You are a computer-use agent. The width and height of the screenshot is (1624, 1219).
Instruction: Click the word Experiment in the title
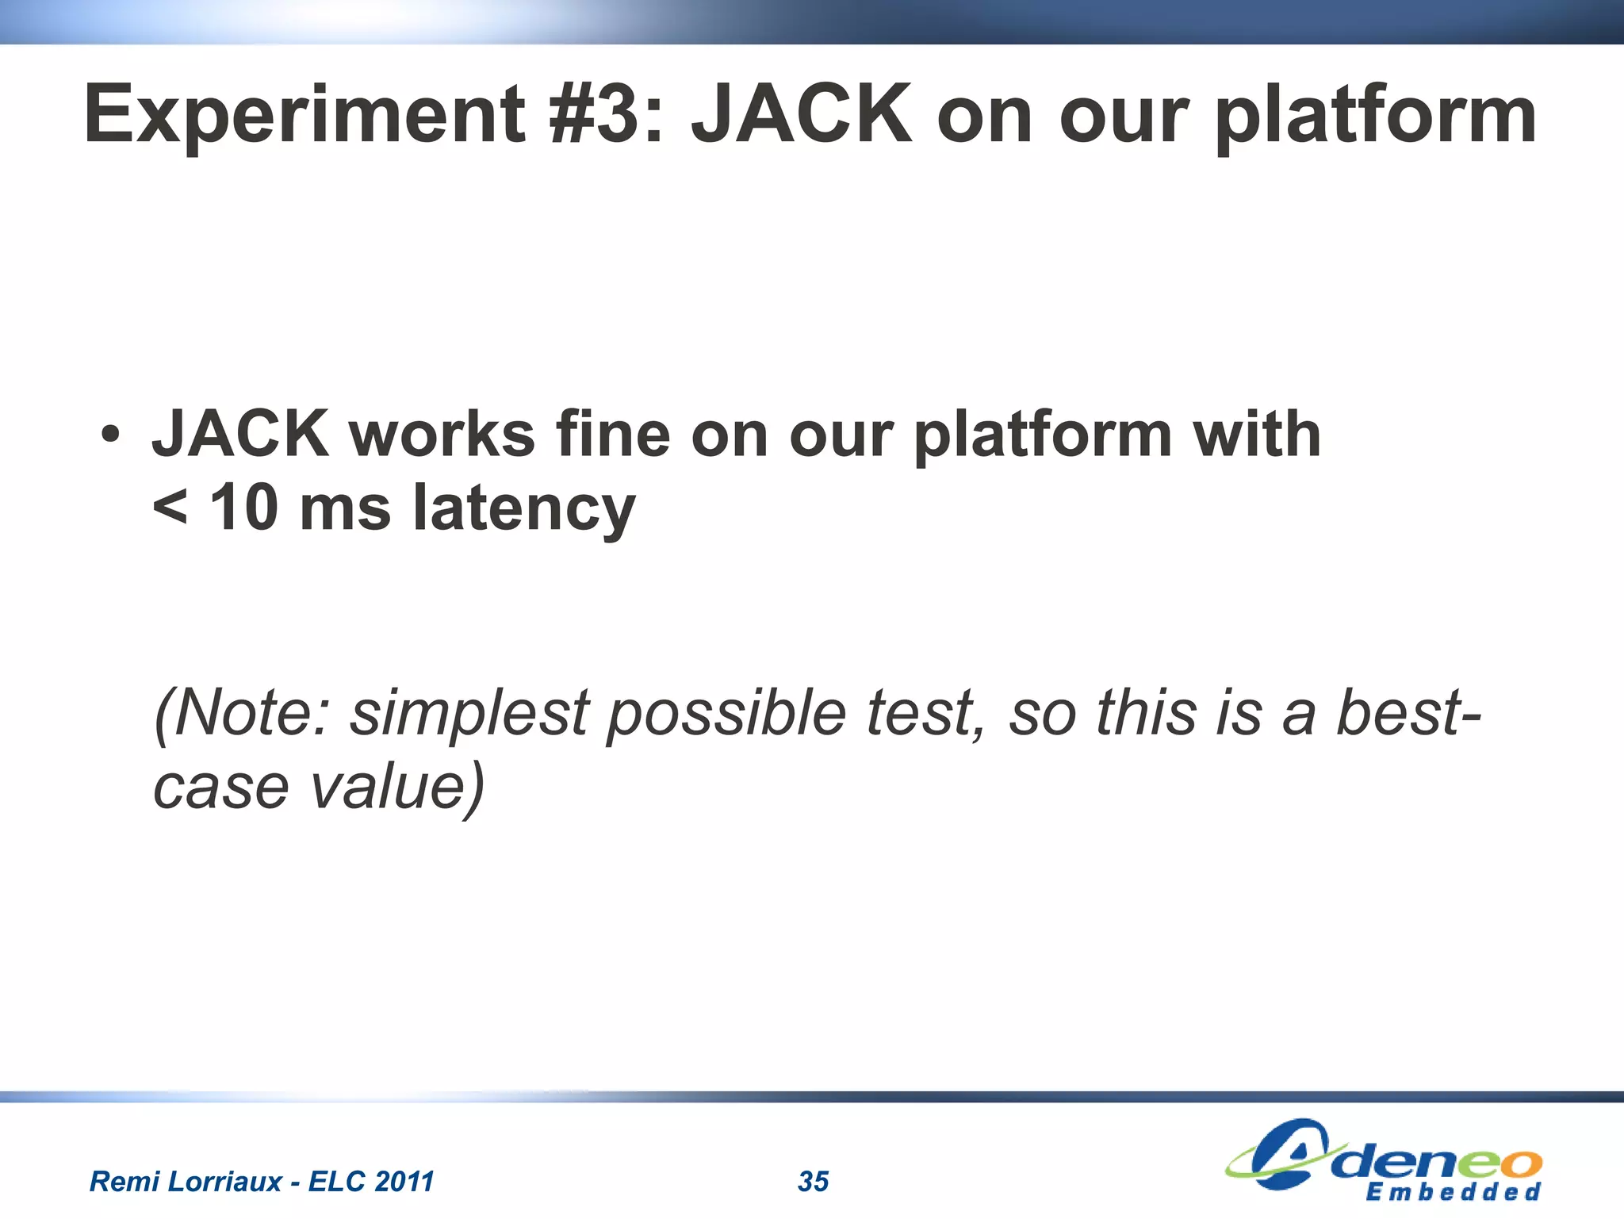click(x=304, y=117)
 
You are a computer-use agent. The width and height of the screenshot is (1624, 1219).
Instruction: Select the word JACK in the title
click(x=802, y=115)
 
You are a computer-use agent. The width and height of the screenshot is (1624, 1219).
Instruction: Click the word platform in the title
click(x=1375, y=117)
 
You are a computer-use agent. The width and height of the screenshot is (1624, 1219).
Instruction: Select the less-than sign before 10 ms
click(x=170, y=508)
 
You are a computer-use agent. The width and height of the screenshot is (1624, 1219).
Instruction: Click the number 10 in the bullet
click(x=243, y=508)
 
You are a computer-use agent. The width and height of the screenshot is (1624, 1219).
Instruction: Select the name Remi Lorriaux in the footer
click(x=186, y=1182)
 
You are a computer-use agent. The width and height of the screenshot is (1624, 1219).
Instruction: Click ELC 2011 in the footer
click(x=371, y=1182)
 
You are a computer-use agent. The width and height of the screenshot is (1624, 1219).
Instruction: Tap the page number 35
click(x=813, y=1182)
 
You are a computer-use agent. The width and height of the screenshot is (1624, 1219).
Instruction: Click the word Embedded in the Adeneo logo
click(x=1453, y=1192)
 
